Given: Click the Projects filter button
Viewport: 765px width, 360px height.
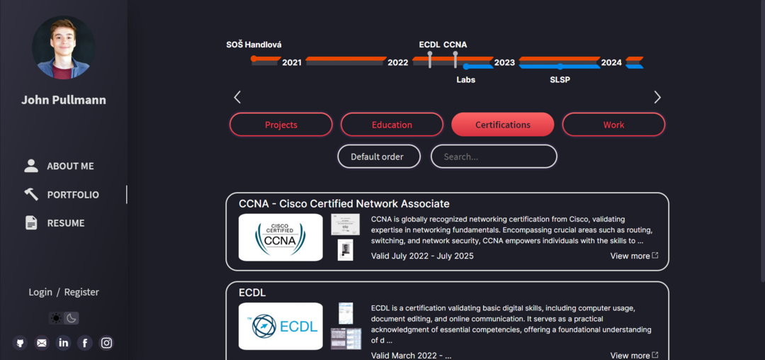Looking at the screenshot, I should [x=280, y=125].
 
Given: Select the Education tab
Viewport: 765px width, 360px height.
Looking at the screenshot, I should [x=392, y=125].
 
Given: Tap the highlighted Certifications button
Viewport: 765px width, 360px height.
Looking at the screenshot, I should [x=502, y=125].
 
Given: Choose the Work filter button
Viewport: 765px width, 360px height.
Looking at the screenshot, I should [x=613, y=125].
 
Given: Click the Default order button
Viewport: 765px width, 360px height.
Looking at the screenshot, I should [x=378, y=157].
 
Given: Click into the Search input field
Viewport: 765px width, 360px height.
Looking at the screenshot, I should [x=494, y=157].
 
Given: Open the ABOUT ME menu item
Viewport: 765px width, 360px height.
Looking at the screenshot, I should [x=69, y=166].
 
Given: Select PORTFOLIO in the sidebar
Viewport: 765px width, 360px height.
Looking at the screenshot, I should [x=72, y=194].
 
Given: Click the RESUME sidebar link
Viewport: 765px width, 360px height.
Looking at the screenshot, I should [x=65, y=223].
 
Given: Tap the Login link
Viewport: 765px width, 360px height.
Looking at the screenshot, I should [x=40, y=292].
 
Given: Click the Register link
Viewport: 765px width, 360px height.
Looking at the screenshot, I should [x=81, y=292].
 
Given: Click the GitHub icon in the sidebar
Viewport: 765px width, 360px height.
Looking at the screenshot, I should [x=20, y=343].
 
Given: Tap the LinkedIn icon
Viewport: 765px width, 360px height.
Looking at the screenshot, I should [x=63, y=343].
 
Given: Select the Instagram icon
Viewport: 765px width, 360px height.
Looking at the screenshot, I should [x=106, y=343].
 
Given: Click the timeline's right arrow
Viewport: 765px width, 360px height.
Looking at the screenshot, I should [x=657, y=97].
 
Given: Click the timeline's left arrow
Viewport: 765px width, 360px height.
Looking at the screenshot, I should [x=237, y=97].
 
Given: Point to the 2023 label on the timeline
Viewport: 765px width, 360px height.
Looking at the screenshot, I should [x=504, y=62].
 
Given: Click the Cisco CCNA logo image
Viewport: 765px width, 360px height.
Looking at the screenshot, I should [x=280, y=237].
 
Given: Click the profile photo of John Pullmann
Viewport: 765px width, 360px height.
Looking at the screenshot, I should [x=63, y=47].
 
